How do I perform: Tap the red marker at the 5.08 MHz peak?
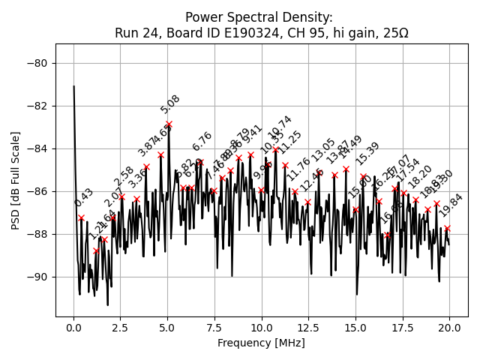click(x=169, y=124)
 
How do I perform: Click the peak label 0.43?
click(x=84, y=198)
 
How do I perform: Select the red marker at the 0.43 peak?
click(x=82, y=217)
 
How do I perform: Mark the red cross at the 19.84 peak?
click(x=447, y=228)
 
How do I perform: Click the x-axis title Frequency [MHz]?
click(x=262, y=343)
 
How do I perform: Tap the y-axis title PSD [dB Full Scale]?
click(x=16, y=180)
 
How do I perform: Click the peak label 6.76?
click(x=202, y=142)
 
